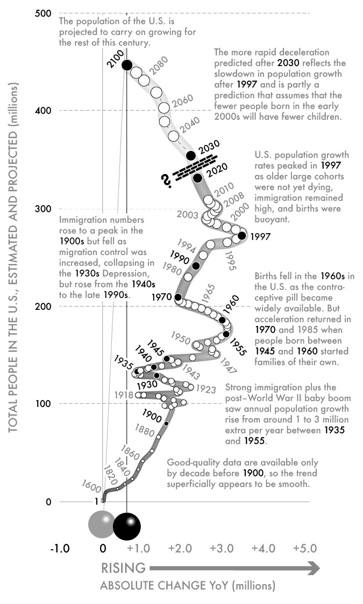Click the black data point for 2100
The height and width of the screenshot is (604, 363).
click(x=127, y=65)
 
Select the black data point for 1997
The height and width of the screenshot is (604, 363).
click(x=241, y=235)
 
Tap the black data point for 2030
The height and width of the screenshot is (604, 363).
click(x=190, y=156)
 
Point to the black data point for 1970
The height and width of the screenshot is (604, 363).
click(x=178, y=297)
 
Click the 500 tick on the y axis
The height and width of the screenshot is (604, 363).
click(x=44, y=13)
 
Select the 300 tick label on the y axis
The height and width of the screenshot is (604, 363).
click(x=44, y=208)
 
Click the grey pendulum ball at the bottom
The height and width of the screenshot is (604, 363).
click(x=101, y=524)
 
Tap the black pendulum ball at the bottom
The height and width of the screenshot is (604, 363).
click(x=127, y=525)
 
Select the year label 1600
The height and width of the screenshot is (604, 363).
click(x=91, y=485)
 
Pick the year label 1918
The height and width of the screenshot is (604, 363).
click(x=124, y=395)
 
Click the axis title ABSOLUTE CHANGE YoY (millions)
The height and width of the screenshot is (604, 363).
click(x=188, y=586)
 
